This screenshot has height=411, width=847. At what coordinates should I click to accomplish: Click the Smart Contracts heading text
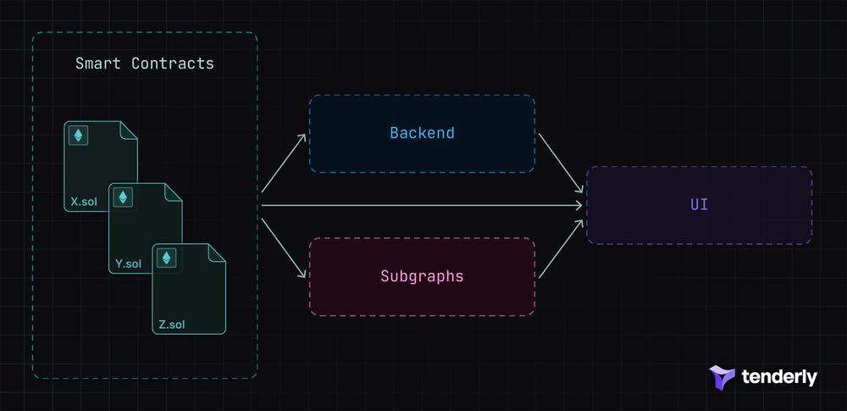144,64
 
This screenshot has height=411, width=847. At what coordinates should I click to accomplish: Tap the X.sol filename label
86,203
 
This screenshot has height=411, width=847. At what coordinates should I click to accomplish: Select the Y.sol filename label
129,264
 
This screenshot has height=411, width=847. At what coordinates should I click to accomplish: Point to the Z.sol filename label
171,325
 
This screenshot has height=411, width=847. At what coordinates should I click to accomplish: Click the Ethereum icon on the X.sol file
79,135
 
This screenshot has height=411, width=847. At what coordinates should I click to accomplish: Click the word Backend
422,133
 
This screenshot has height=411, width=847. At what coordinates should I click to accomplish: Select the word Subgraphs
422,276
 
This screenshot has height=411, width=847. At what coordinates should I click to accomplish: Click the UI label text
699,205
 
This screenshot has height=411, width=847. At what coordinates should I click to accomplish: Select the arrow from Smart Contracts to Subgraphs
284,247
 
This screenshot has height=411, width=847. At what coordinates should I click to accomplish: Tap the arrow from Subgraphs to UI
561,251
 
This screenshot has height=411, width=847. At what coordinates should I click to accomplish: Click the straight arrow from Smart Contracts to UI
423,205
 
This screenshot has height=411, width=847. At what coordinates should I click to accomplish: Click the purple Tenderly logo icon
722,378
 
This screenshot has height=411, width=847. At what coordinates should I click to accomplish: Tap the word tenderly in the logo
779,377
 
